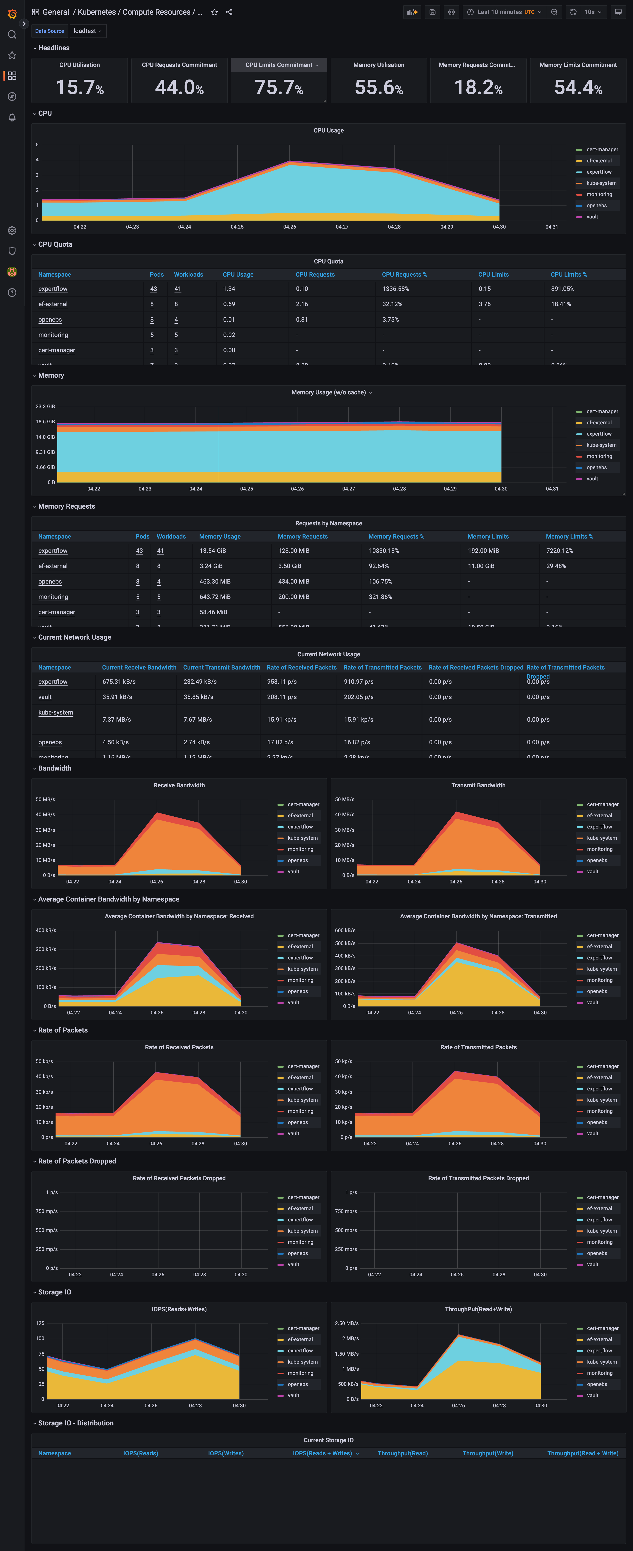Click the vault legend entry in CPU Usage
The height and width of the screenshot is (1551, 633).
[592, 217]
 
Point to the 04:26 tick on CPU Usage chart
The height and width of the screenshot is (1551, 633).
[289, 227]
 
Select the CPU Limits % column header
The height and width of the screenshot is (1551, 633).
[569, 275]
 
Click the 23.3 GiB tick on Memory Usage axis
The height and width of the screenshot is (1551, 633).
[45, 406]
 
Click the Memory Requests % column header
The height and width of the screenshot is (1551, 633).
[396, 536]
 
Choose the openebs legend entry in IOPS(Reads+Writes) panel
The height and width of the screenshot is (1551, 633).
[297, 1384]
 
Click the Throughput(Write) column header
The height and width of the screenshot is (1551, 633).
[487, 1453]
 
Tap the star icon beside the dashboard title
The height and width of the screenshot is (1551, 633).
[214, 12]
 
